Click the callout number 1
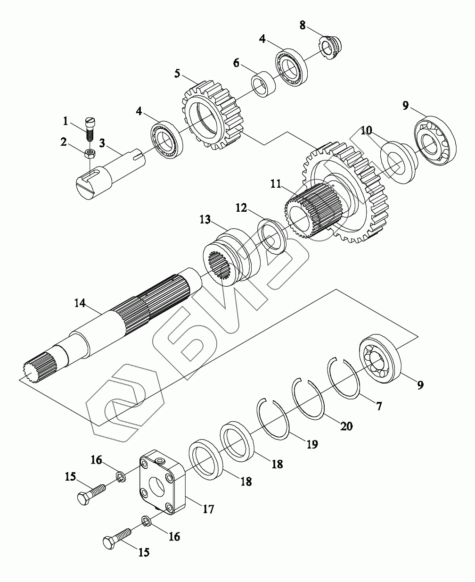[66, 121]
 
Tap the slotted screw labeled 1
[90, 129]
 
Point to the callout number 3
[102, 143]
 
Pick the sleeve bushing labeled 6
[263, 84]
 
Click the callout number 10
[366, 130]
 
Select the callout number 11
[276, 184]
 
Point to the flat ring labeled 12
[271, 236]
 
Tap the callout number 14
[80, 303]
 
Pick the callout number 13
[205, 219]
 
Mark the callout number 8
[303, 25]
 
